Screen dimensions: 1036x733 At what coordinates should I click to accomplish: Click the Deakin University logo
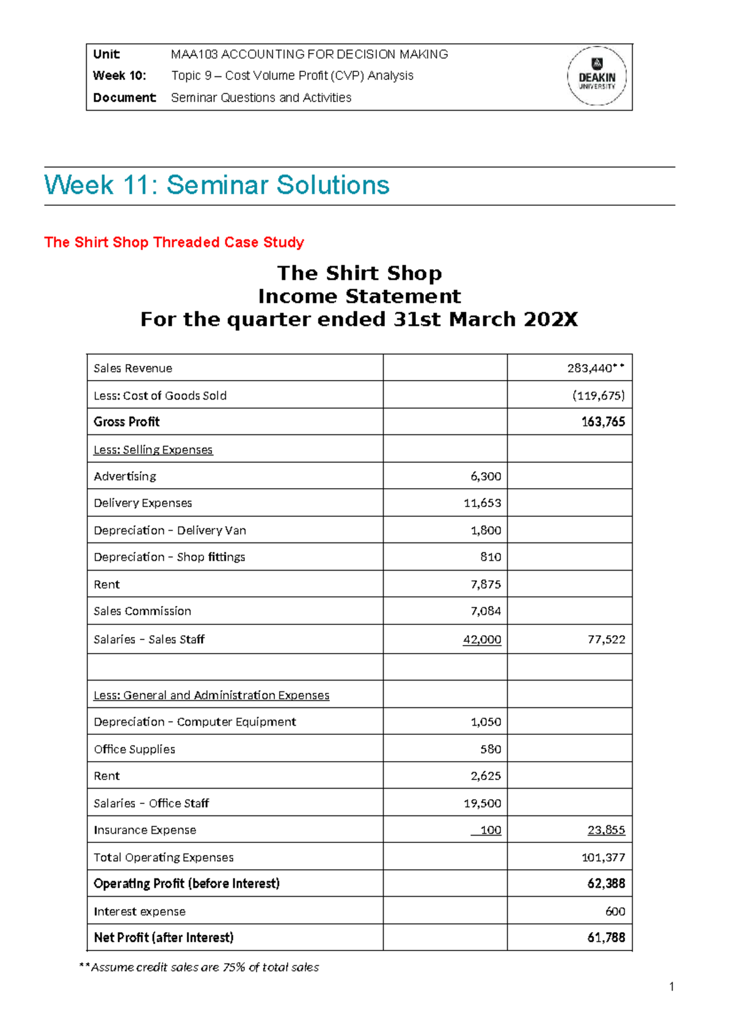(x=597, y=76)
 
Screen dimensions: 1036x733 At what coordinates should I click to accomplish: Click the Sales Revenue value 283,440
(x=595, y=368)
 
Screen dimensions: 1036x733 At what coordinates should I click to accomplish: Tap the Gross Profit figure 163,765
(x=603, y=422)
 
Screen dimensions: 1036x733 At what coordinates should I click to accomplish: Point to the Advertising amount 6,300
(x=486, y=476)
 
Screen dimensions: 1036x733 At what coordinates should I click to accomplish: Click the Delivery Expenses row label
(x=143, y=503)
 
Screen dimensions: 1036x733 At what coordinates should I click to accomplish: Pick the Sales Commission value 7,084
(x=486, y=611)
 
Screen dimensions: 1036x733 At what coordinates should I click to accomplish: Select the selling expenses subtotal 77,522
(x=606, y=640)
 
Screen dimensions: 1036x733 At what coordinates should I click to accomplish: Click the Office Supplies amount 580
(x=490, y=750)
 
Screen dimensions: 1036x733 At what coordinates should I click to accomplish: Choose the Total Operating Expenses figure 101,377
(x=603, y=858)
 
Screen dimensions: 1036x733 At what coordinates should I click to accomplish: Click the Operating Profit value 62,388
(x=606, y=884)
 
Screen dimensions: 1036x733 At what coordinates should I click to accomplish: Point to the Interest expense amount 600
(x=614, y=911)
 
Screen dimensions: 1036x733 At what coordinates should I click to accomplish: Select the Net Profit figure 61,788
(x=606, y=938)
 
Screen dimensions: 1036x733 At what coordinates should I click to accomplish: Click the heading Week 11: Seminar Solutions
(x=217, y=185)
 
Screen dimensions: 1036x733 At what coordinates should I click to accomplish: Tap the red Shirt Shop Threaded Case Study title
(x=174, y=243)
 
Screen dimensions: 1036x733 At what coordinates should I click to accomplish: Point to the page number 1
(x=671, y=987)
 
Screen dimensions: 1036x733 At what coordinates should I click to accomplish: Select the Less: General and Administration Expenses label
(x=211, y=696)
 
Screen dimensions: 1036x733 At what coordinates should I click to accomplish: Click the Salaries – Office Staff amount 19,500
(x=482, y=803)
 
